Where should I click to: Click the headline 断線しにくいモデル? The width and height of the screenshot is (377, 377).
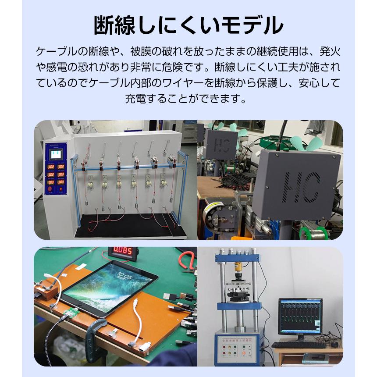188,25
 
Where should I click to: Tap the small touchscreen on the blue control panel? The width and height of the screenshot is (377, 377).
56,154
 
